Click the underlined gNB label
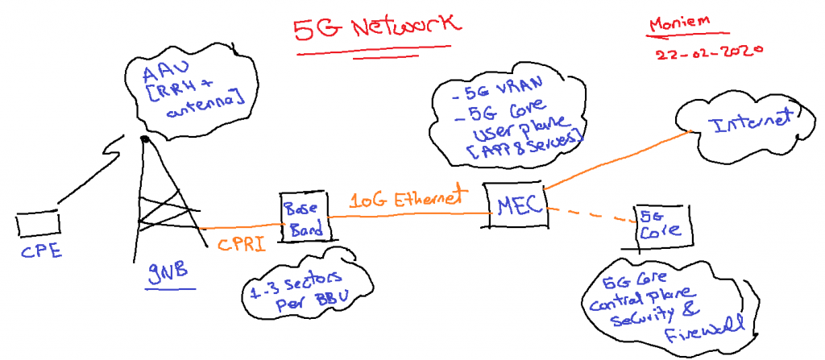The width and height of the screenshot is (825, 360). [x=168, y=271]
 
